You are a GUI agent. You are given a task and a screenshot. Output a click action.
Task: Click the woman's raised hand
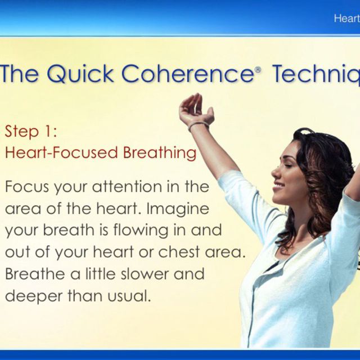(x=192, y=106)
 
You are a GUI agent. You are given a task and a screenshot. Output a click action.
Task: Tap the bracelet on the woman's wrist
(x=199, y=124)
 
